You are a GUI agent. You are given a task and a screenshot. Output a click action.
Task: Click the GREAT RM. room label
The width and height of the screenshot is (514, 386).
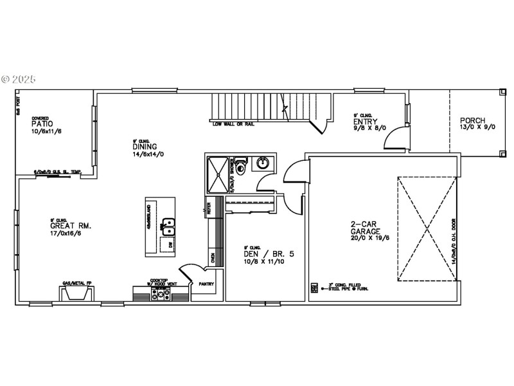click(71, 226)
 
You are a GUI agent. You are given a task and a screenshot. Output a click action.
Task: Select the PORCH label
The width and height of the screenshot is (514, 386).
click(472, 120)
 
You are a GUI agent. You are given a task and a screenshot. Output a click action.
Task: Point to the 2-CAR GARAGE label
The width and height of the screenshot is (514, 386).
click(365, 228)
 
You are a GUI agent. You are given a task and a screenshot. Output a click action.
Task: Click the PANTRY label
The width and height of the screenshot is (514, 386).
click(206, 284)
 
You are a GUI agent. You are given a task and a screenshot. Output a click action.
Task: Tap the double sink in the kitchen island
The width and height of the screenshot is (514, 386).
click(168, 227)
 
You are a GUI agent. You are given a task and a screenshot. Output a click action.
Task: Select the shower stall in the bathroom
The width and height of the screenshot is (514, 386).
click(218, 173)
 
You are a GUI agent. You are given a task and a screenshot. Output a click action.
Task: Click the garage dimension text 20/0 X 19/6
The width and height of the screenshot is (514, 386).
click(365, 238)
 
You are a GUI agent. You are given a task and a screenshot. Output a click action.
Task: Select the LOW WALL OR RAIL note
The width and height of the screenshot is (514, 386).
click(233, 124)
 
